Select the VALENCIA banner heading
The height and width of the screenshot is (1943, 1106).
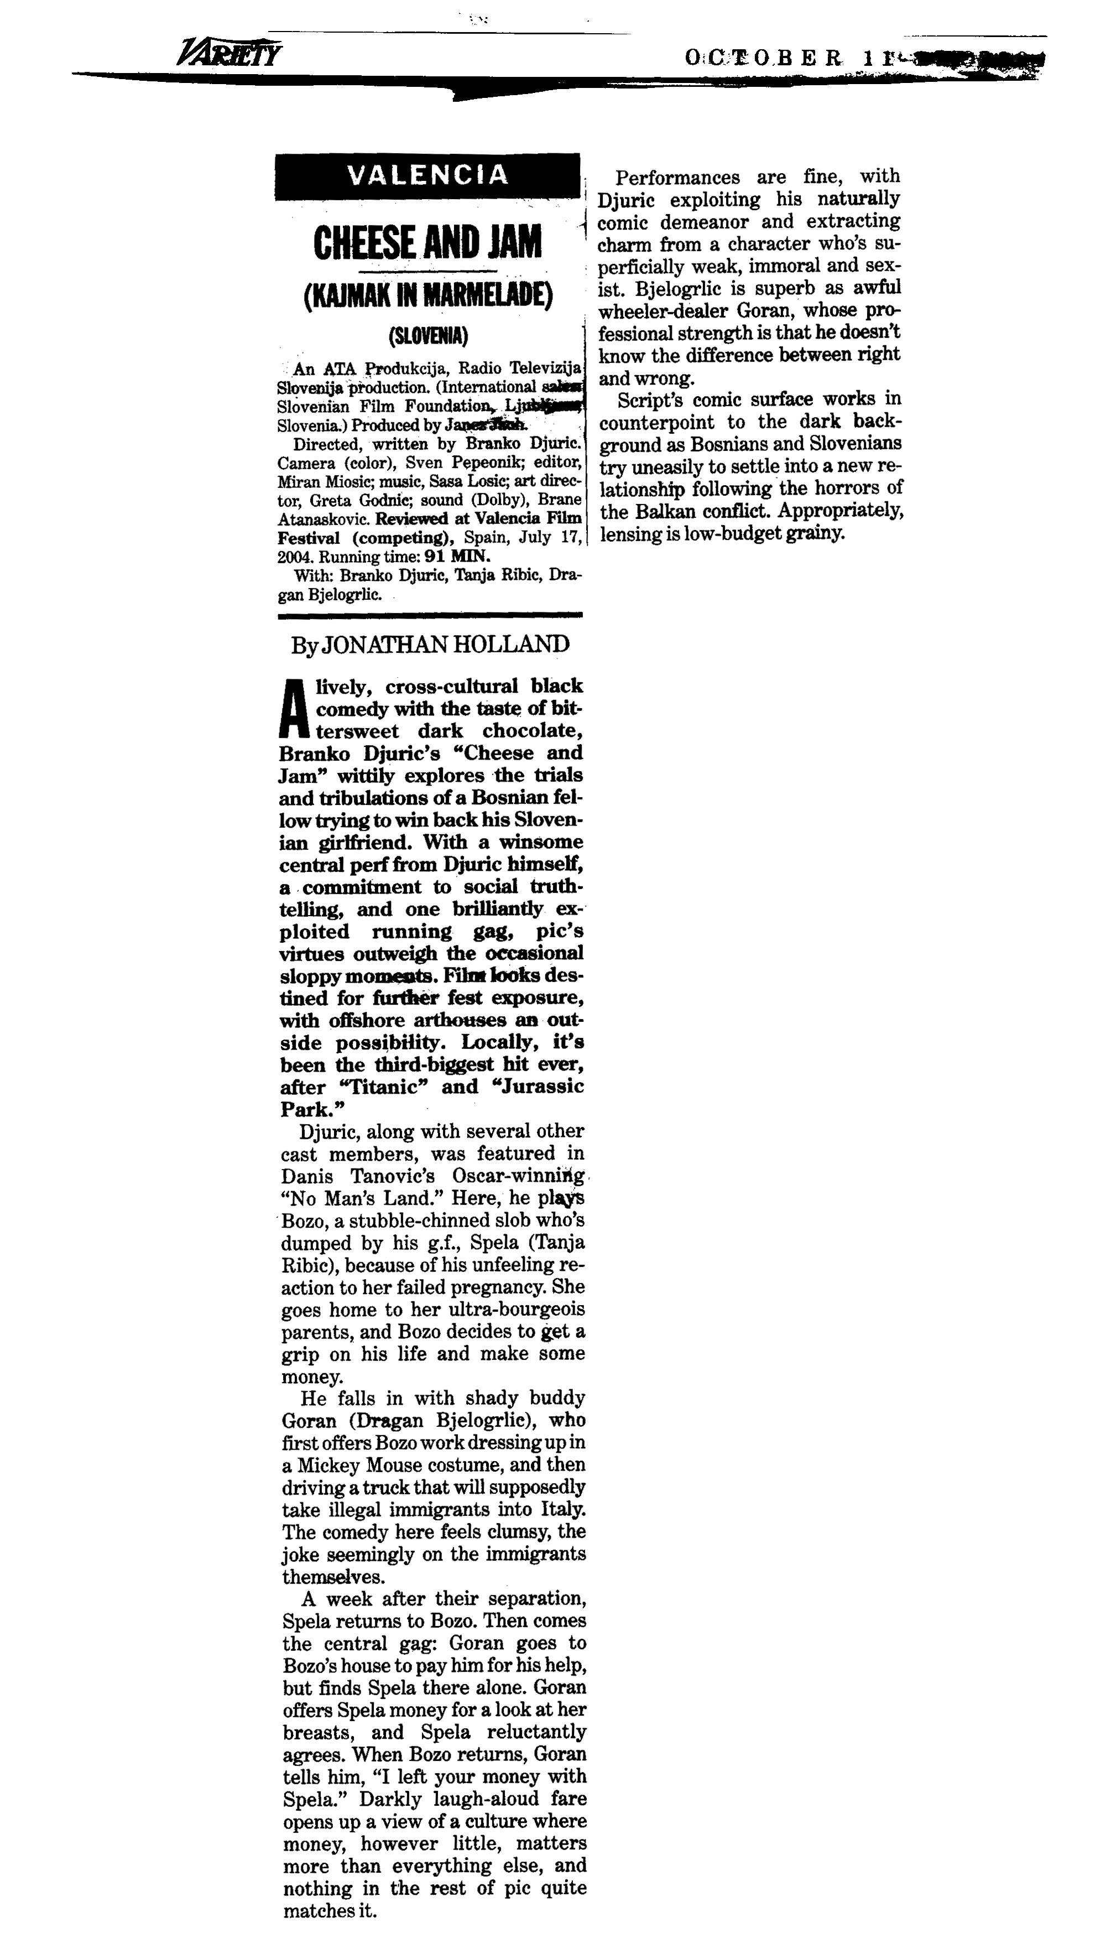pos(427,175)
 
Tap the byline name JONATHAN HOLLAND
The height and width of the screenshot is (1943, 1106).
pos(445,645)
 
